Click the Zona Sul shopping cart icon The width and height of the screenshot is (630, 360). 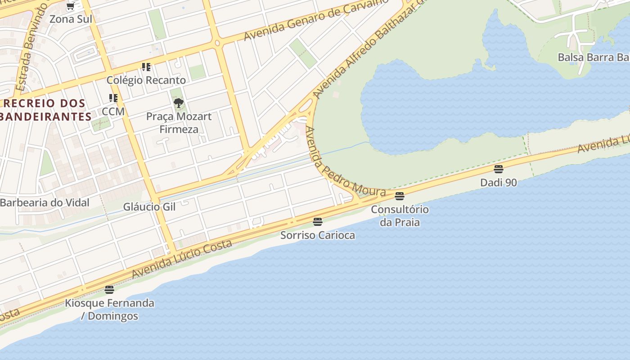pos(70,7)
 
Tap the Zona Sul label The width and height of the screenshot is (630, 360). pos(71,19)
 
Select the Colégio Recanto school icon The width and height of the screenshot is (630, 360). pos(146,67)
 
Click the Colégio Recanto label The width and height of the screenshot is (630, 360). pos(146,80)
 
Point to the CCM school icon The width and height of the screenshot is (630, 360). pos(113,98)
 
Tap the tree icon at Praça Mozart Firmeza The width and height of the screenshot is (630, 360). pos(179,103)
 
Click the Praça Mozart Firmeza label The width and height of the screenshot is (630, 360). pos(179,123)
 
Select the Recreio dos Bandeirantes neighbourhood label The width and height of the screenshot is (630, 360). pos(45,110)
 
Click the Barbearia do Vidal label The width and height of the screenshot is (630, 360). pos(45,202)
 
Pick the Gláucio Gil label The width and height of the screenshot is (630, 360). pos(149,207)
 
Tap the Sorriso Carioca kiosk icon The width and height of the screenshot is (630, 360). pos(318,221)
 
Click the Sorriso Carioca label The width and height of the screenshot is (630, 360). pos(318,235)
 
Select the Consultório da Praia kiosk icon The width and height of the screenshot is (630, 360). pos(400,196)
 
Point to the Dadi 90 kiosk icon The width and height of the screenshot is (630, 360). pos(498,169)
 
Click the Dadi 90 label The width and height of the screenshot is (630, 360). pos(498,183)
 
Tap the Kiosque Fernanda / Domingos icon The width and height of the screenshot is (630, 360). pos(109,289)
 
